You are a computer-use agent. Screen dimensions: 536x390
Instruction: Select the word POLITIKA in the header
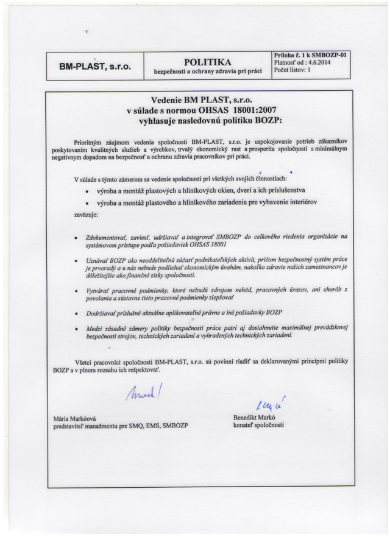(208, 61)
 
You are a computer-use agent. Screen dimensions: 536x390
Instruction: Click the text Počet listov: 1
(292, 70)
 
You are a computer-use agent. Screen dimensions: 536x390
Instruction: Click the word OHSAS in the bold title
(212, 110)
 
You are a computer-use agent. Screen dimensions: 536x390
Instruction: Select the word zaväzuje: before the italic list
(88, 214)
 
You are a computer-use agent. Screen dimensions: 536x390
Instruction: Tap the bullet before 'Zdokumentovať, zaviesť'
(74, 235)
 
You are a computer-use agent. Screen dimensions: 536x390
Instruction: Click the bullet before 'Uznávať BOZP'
(74, 259)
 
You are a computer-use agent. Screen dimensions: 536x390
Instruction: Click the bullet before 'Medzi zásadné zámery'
(74, 329)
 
